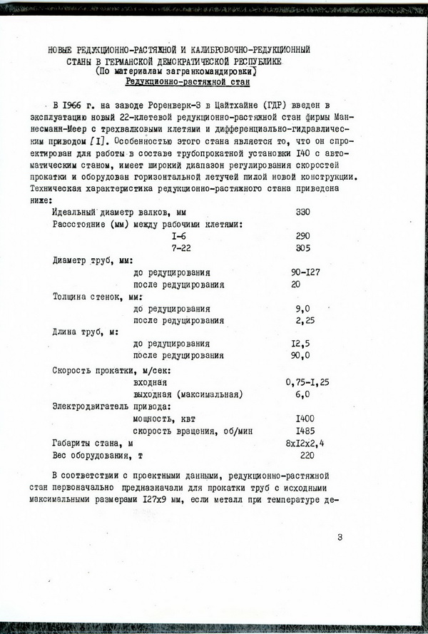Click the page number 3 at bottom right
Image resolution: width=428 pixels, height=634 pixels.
[340, 537]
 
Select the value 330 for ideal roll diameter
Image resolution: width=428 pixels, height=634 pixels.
[303, 212]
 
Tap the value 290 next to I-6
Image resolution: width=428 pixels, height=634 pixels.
[303, 235]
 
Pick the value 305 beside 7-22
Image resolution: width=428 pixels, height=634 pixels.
[303, 247]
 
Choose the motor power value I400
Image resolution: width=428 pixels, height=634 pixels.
[305, 419]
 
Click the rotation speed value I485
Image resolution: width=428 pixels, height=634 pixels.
[305, 431]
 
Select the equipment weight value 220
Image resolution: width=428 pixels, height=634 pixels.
[307, 455]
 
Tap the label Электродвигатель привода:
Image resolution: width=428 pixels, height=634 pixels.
[108, 407]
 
